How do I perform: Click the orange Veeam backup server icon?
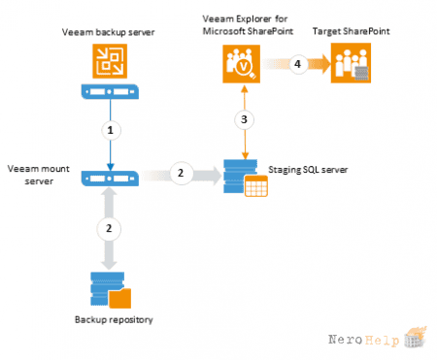click(x=110, y=61)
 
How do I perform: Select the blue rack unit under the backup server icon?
click(x=110, y=91)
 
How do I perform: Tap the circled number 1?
click(x=111, y=130)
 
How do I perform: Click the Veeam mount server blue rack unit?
click(x=110, y=179)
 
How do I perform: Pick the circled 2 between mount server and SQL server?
click(x=181, y=173)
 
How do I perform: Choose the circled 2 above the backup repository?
click(x=109, y=229)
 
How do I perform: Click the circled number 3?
click(x=245, y=119)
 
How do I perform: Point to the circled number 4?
click(x=298, y=64)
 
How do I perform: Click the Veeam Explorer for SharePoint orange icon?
click(x=242, y=64)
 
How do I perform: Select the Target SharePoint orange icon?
click(x=351, y=63)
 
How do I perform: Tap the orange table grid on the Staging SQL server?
click(x=256, y=186)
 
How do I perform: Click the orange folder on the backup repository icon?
click(x=119, y=298)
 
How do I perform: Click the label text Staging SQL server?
click(x=308, y=170)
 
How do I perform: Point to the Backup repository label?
click(x=114, y=320)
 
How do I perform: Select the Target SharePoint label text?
click(x=351, y=31)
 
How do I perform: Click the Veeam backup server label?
click(x=109, y=32)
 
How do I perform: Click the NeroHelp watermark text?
click(x=363, y=340)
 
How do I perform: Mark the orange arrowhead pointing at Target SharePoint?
click(x=323, y=64)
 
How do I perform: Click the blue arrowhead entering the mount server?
click(x=111, y=167)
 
